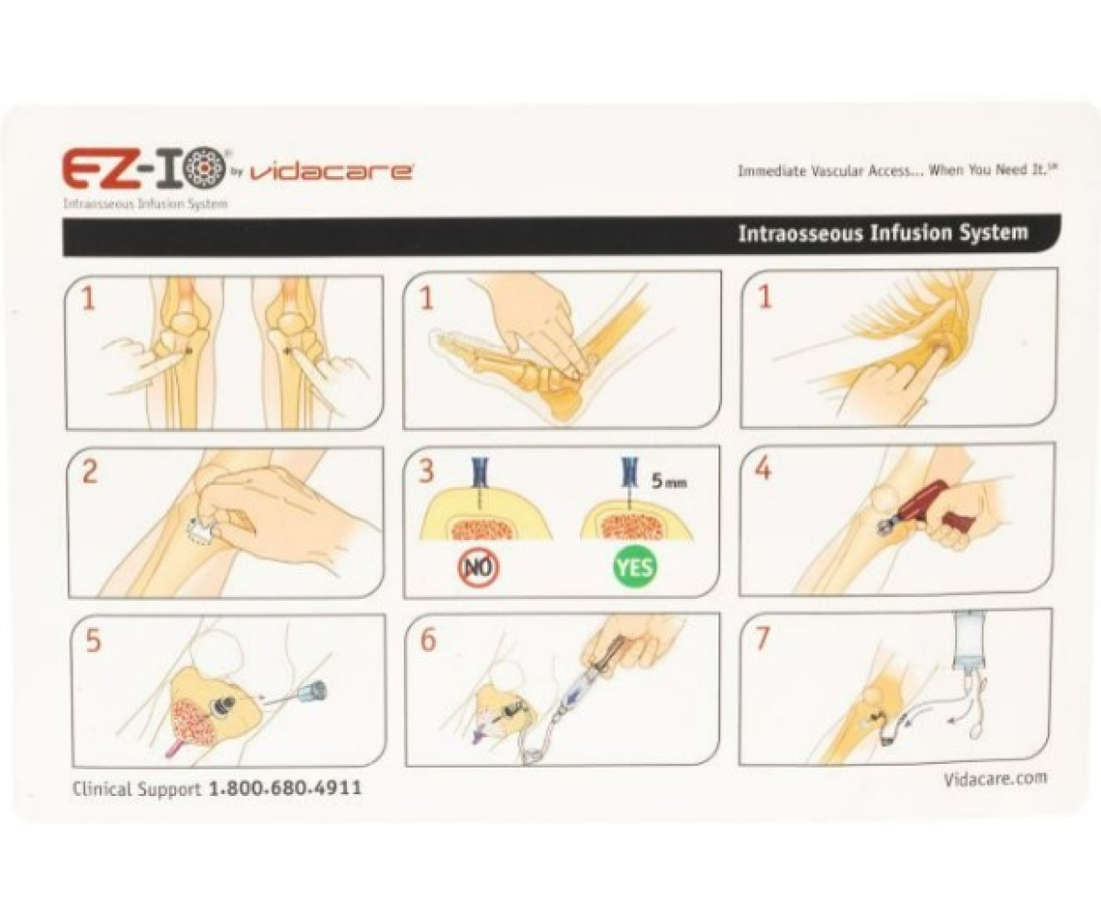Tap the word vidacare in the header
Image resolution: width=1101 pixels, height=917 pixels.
330,172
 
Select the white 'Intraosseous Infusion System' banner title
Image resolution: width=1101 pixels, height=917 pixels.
883,233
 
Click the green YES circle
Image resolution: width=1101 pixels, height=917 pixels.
635,567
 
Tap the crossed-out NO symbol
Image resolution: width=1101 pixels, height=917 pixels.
479,567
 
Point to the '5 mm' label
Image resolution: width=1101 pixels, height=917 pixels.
669,481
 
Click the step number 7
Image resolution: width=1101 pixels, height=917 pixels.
763,638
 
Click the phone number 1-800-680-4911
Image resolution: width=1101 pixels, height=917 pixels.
285,788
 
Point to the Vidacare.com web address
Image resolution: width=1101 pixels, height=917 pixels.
995,779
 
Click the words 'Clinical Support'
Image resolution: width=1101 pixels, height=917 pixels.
137,789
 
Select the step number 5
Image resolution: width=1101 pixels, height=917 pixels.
93,640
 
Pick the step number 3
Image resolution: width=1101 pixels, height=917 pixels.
426,470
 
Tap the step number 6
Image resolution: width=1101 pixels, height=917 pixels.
428,639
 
